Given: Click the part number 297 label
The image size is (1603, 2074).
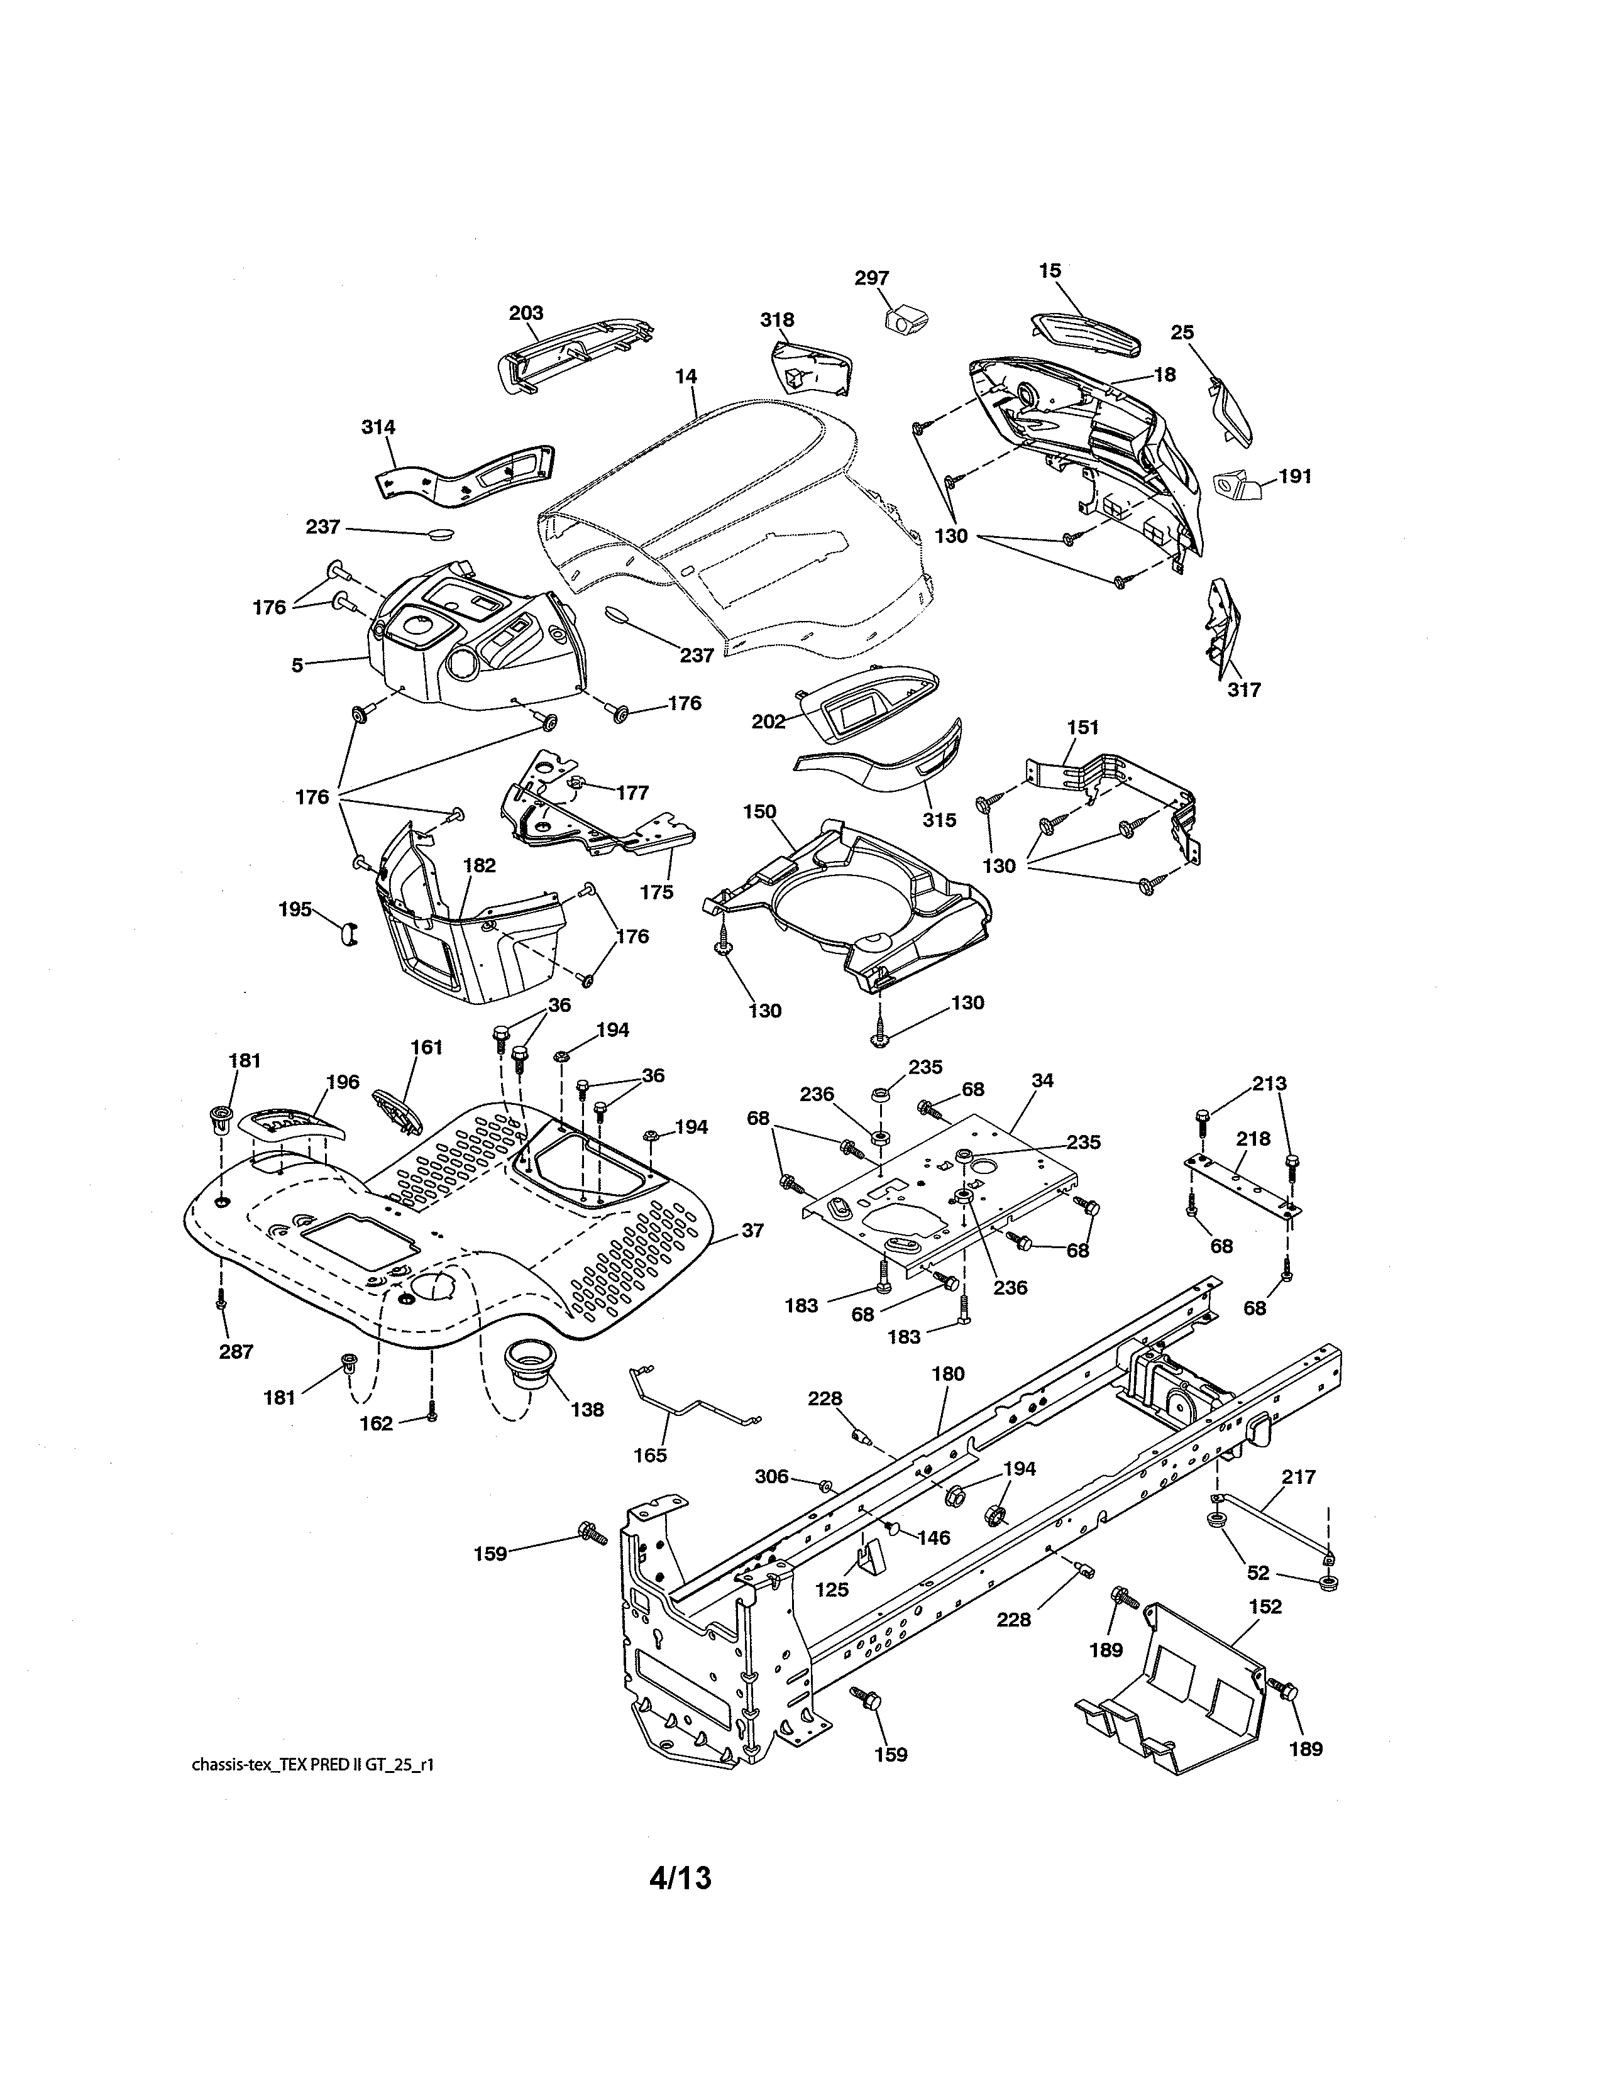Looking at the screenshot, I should coord(871,278).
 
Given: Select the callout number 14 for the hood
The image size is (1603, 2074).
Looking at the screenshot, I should coord(686,377).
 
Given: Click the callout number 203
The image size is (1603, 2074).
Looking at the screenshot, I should coord(526,314).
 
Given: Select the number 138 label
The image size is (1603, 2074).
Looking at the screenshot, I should coord(587,1409).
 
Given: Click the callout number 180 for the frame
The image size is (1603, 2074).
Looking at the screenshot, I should coord(948,1373).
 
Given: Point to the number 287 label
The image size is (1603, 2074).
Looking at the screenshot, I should coord(236,1351).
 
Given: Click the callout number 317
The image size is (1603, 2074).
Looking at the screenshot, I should coord(1244,690).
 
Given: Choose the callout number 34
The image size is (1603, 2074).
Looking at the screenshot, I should coord(1042,1081).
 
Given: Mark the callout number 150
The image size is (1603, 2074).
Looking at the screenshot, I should coord(760,812).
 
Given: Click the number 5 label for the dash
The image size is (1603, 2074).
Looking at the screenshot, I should coord(297,666).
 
